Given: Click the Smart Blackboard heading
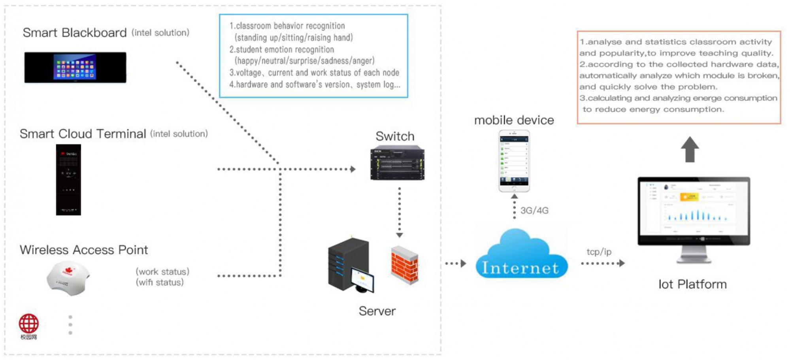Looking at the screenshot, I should pos(75,33).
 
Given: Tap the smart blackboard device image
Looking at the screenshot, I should pos(75,68).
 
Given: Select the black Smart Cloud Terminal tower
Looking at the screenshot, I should pos(68,180).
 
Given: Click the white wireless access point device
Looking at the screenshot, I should pos(68,278).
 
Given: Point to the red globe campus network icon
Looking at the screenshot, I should pos(28,324).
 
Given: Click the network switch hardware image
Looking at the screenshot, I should pos(397,163).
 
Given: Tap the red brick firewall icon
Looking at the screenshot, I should pos(404,264).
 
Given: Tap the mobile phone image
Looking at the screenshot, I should pos(514,161).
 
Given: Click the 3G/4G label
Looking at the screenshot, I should pos(534,211).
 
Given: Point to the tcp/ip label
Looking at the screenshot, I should pos(599,252).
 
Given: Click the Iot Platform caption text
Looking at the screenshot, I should pos(692,284).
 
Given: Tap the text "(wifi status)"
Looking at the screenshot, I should pos(160,283).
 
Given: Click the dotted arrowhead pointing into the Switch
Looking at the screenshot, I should pos(353,169).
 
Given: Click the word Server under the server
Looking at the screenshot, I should pos(377,311).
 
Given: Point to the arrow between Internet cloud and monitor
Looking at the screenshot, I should pos(603,263).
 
